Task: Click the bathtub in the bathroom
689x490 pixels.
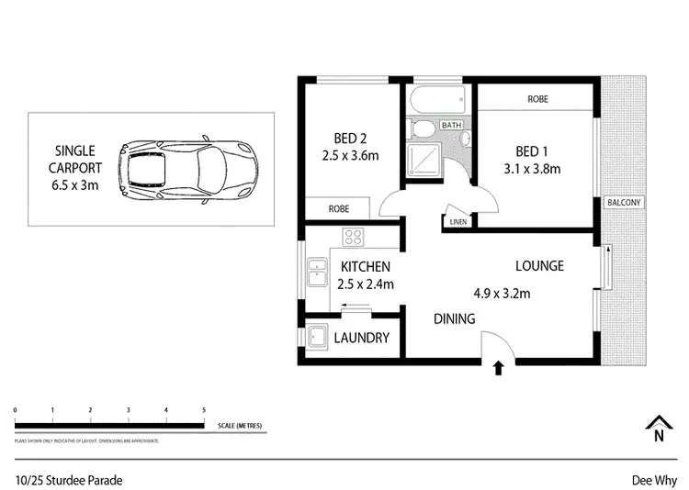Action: [x=436, y=100]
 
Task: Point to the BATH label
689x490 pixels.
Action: [x=451, y=125]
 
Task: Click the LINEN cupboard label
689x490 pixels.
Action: [x=457, y=221]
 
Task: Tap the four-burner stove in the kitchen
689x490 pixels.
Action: [x=355, y=238]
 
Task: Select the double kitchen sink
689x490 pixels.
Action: [x=319, y=274]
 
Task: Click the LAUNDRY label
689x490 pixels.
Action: [x=361, y=338]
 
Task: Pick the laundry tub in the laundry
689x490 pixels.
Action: [x=318, y=338]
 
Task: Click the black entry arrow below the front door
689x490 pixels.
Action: [x=498, y=369]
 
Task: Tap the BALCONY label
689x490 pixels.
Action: [x=624, y=203]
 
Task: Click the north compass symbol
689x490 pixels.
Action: [x=657, y=429]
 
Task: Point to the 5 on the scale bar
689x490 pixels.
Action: [x=203, y=409]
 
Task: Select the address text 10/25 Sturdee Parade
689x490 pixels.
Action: [x=69, y=480]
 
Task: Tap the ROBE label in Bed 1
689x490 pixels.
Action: [x=537, y=98]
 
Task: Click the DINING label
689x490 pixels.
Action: [x=455, y=319]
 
